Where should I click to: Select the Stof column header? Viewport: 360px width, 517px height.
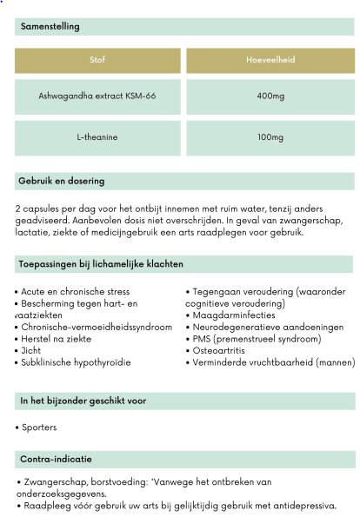97,60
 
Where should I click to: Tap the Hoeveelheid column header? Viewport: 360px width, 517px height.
270,60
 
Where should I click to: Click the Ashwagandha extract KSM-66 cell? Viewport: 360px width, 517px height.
97,96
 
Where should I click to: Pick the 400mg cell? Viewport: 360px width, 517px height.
270,96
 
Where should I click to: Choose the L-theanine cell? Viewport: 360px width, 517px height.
97,137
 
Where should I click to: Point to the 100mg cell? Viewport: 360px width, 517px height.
270,137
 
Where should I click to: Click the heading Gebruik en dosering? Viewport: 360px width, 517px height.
61,181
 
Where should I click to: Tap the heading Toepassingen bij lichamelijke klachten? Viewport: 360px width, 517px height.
101,263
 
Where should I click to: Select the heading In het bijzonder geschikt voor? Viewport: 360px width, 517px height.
83,401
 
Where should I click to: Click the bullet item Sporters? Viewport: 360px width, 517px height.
37,428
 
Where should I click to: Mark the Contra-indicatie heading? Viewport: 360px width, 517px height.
56,458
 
